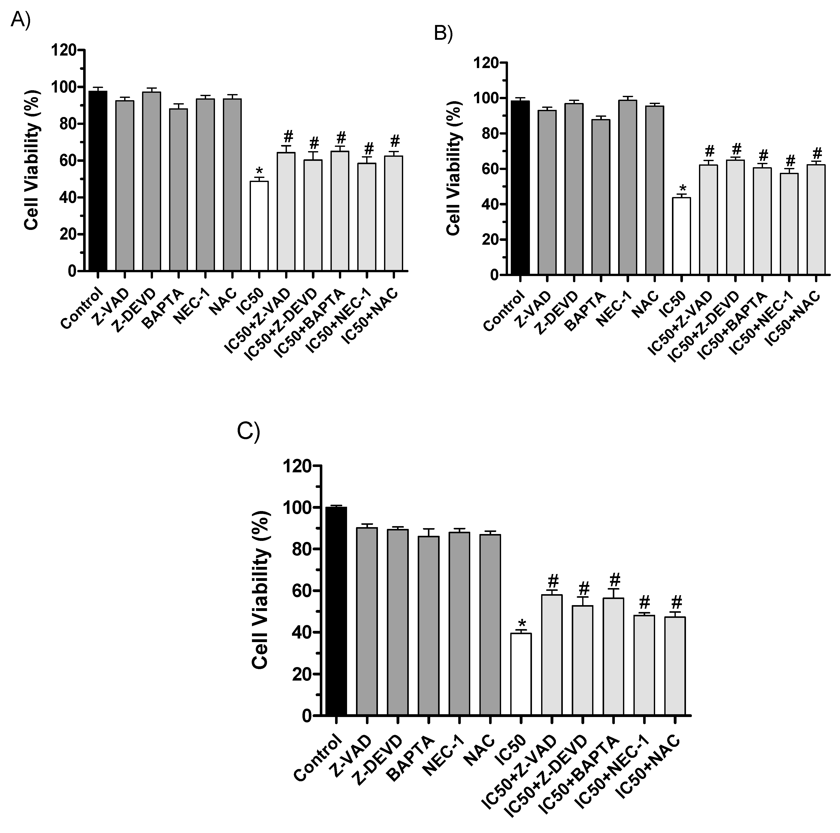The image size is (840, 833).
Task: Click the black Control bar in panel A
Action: tap(98, 183)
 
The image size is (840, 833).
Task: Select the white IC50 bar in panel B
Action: tap(681, 237)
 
